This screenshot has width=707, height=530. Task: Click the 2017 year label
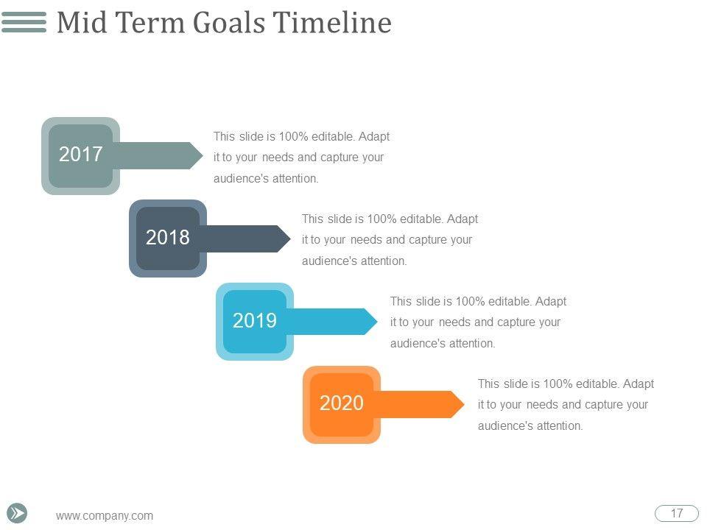coord(81,154)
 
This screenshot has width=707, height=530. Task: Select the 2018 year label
coord(168,237)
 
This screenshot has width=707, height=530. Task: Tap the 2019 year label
coord(255,320)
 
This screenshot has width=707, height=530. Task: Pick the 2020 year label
coord(342,403)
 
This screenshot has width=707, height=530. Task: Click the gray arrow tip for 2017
coord(203,155)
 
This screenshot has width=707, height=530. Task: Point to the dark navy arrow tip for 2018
coord(290,239)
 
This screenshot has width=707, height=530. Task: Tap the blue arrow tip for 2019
coord(377,322)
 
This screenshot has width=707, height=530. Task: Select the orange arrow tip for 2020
coord(464,404)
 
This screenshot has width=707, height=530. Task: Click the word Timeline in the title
coord(332,23)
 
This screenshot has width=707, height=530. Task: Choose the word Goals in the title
coord(229,23)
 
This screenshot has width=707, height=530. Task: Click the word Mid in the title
coord(82,23)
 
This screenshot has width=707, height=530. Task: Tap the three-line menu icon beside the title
coord(24,22)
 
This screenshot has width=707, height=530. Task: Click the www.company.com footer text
coord(105,515)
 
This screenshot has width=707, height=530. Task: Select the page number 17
coord(676,513)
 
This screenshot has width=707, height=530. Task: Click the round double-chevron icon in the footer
coord(17,513)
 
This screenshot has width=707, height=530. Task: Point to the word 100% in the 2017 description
coord(293,136)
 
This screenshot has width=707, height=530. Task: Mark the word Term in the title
coord(150,23)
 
